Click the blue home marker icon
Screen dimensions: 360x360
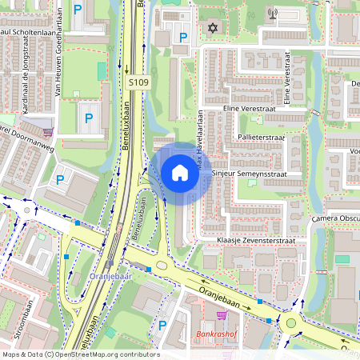180,173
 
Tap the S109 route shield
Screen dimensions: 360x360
138,82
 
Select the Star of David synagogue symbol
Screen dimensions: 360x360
213,28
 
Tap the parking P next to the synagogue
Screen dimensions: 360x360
183,37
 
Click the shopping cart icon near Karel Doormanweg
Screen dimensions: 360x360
49,133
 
